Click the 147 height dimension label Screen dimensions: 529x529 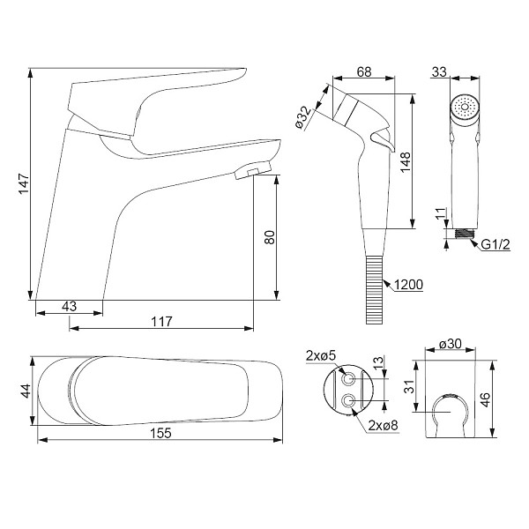coord(24,184)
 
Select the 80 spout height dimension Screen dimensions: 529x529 coord(270,237)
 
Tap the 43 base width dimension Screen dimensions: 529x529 coord(69,306)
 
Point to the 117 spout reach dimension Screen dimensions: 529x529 coord(161,322)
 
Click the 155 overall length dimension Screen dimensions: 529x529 coord(160,433)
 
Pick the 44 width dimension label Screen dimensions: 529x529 coord(26,391)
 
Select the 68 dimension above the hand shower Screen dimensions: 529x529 coord(364,72)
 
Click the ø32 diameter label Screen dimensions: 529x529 coord(303,117)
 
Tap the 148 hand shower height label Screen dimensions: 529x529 coord(406,162)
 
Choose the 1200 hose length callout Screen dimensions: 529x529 coord(408,285)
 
